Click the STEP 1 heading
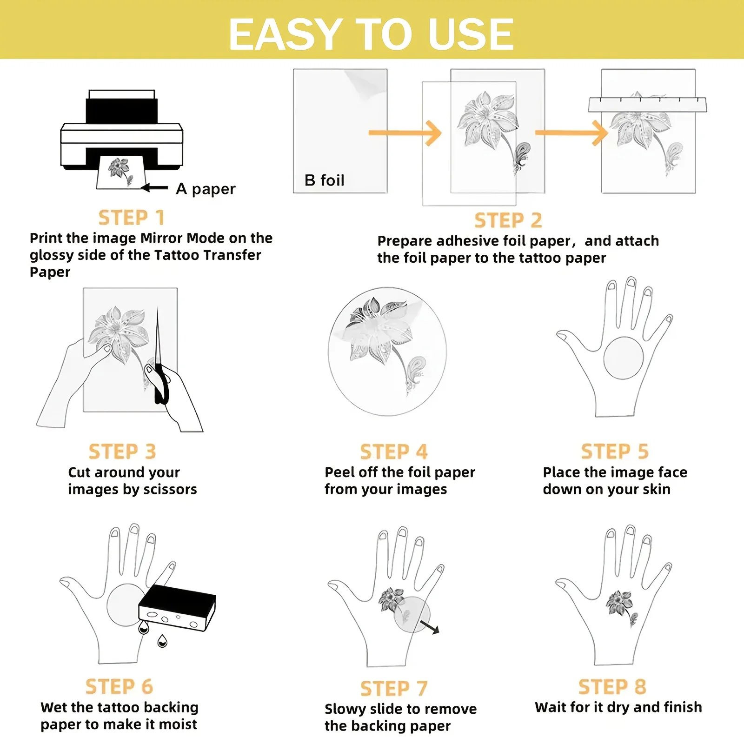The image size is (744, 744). [x=131, y=218]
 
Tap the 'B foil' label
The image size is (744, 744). [x=325, y=180]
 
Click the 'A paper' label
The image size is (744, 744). [x=206, y=189]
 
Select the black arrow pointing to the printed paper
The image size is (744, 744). [x=154, y=188]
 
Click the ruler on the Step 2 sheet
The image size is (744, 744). [x=647, y=104]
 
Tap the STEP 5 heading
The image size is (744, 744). [x=615, y=452]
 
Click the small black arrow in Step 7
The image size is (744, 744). [x=429, y=626]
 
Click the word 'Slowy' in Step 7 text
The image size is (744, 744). [x=345, y=709]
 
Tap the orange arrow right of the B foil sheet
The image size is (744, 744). [x=405, y=133]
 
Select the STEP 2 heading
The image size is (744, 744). [x=508, y=220]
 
